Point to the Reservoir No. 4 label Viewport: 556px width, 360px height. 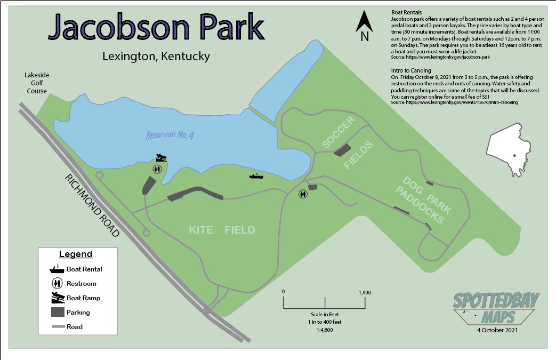click(170, 135)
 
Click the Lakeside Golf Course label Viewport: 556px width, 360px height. click(36, 83)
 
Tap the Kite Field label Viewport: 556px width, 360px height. click(222, 230)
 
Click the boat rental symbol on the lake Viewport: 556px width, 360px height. click(256, 175)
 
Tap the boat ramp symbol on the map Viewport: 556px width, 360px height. click(161, 158)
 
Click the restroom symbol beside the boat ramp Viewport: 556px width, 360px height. click(157, 169)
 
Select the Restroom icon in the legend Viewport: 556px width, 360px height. click(56, 284)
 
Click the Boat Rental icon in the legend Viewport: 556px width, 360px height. click(56, 269)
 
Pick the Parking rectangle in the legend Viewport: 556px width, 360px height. click(56, 312)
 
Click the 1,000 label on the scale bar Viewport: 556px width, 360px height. click(365, 292)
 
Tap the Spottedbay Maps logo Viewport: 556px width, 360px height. click(496, 308)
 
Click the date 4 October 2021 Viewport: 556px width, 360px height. click(497, 330)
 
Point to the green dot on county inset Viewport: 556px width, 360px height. click(514, 155)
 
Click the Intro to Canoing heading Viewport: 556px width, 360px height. click(411, 70)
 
